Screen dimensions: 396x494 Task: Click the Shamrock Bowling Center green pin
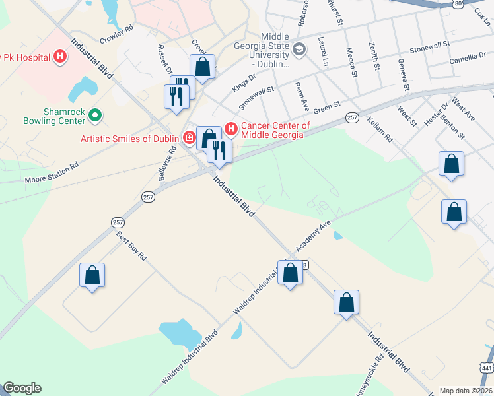point(95,115)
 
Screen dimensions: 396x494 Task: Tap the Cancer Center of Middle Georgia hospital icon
point(231,127)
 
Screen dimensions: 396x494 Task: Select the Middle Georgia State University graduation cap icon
point(299,49)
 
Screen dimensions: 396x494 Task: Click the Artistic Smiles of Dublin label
point(131,139)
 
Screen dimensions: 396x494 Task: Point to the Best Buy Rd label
point(131,246)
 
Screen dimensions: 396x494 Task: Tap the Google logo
point(22,388)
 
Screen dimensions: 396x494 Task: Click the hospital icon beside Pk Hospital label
point(60,57)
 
